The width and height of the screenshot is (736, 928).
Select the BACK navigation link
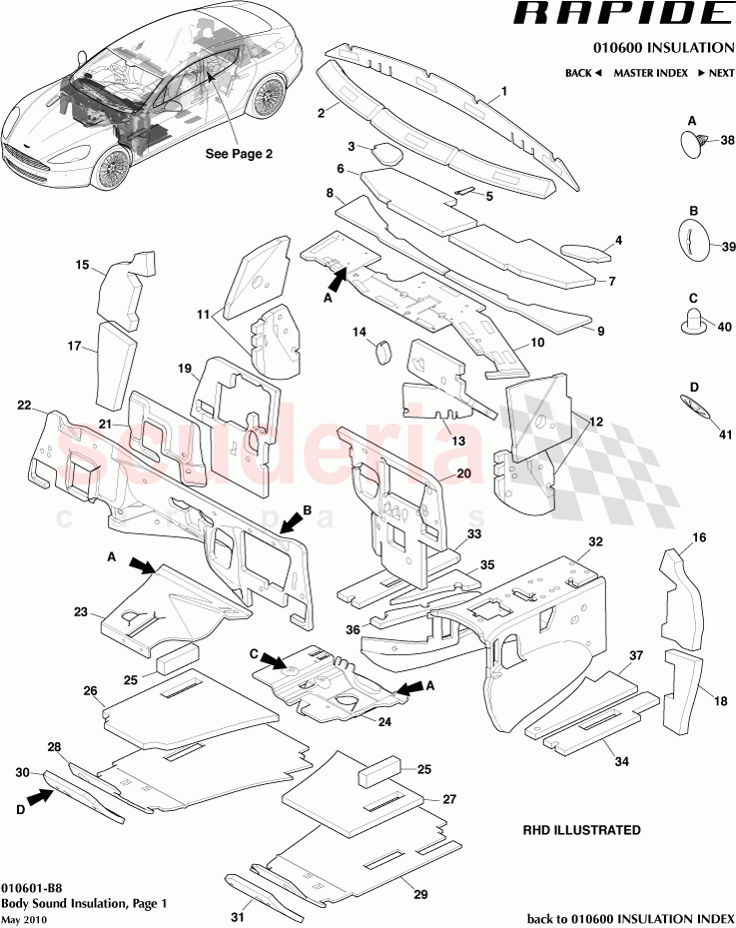pyautogui.click(x=583, y=73)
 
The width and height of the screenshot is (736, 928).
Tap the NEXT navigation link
pyautogui.click(x=715, y=73)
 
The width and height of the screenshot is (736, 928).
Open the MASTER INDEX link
pyautogui.click(x=648, y=73)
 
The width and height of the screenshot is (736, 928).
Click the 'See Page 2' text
pyautogui.click(x=239, y=154)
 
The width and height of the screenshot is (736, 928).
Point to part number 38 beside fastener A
pyautogui.click(x=727, y=140)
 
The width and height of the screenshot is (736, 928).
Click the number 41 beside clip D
pyautogui.click(x=726, y=435)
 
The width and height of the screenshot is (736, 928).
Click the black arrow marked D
pyautogui.click(x=40, y=797)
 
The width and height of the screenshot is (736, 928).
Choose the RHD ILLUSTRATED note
pyautogui.click(x=581, y=830)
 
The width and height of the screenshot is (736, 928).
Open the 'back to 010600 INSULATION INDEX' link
pyautogui.click(x=631, y=919)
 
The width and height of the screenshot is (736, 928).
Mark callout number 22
pyautogui.click(x=25, y=406)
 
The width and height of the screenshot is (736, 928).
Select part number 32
pyautogui.click(x=595, y=541)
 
